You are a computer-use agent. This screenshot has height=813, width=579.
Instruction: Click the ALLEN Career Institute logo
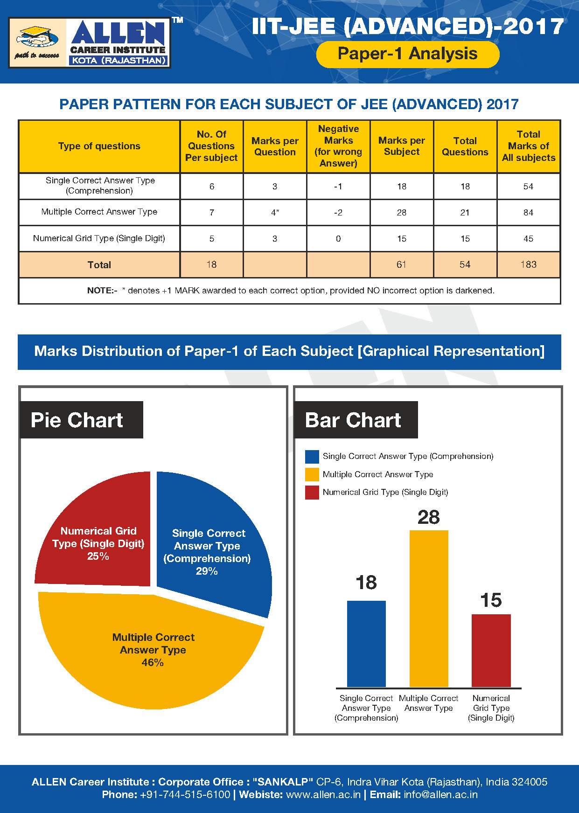tap(90, 43)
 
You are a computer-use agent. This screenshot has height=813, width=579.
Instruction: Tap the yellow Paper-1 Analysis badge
tap(407, 54)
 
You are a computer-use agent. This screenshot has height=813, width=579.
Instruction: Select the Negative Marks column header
tap(338, 146)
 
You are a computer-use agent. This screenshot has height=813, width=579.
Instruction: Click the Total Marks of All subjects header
tap(528, 146)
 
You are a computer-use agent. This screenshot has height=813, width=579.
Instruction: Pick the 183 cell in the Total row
tap(528, 264)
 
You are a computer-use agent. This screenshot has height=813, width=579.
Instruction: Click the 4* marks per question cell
tap(275, 213)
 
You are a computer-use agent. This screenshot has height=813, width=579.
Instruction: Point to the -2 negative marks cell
tap(338, 213)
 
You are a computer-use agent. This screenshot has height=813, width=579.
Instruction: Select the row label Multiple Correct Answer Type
tap(99, 212)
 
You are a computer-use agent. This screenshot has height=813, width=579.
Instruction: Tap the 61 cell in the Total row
tap(401, 264)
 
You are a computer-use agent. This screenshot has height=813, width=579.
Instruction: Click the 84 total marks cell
tap(528, 213)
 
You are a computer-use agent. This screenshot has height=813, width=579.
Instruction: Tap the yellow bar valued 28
tap(429, 608)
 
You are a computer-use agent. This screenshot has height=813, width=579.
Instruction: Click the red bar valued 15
tap(491, 650)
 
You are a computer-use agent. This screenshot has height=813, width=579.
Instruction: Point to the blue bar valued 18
tap(366, 644)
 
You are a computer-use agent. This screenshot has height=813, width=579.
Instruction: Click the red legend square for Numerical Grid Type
tap(312, 493)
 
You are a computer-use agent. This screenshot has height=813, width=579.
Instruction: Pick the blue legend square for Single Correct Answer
tap(312, 457)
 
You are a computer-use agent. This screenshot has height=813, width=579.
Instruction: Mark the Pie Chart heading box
tap(81, 420)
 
